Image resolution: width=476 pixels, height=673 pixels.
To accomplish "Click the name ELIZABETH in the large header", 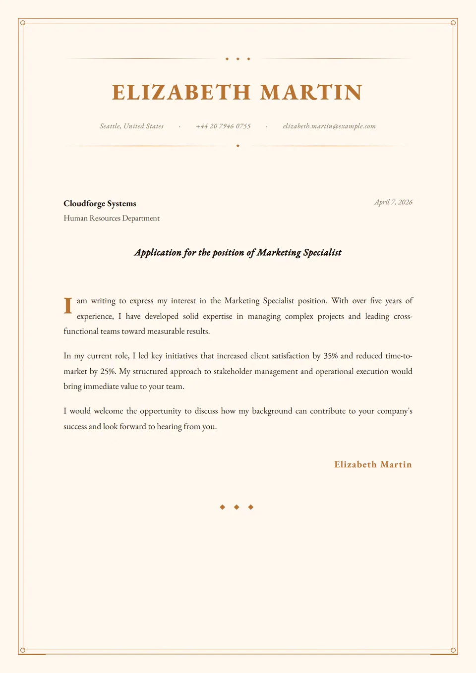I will point(181,93).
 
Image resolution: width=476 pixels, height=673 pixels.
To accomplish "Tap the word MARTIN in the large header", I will point(311,93).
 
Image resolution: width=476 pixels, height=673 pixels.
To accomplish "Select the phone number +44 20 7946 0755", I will point(223,126).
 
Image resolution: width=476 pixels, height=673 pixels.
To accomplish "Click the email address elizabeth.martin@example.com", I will point(329,126).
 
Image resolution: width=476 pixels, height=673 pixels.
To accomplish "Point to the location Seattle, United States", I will point(131,126).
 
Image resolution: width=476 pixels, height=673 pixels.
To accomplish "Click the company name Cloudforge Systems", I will point(100,204).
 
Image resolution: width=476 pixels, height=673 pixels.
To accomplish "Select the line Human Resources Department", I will point(112,218).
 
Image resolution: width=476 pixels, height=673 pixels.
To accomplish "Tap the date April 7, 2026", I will point(393,202).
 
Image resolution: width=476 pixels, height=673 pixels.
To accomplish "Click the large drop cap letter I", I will point(68,306).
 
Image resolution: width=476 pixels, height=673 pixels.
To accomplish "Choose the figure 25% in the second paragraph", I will point(108,371).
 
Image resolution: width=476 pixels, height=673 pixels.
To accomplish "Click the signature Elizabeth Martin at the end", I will point(373,464).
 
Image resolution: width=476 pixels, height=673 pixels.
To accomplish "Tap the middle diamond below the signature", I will point(237,507).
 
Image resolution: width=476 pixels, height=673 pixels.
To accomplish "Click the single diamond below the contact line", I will point(238,146).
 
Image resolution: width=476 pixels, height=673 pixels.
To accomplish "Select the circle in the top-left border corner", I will point(23,23).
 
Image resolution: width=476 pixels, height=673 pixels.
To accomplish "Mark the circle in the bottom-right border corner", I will point(453,650).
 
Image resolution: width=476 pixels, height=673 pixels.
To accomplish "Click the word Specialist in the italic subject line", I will point(322,253).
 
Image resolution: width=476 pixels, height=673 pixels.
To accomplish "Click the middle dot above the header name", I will point(238,59).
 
